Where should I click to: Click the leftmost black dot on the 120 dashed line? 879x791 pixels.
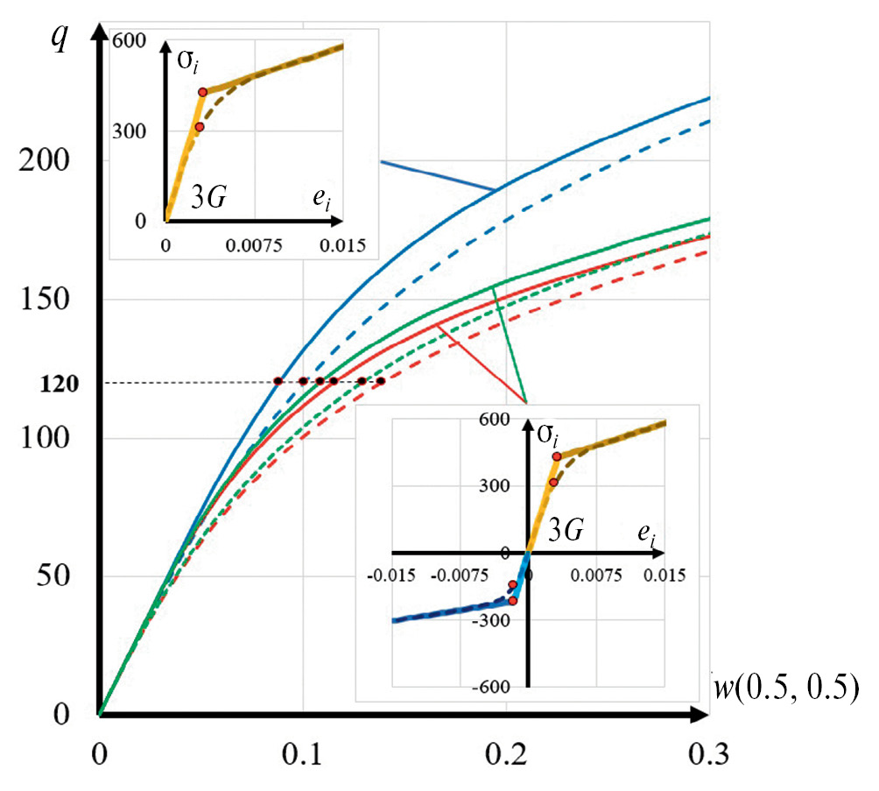(x=278, y=381)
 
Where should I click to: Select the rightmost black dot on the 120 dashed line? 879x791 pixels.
(x=380, y=381)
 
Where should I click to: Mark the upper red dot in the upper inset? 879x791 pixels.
(x=202, y=92)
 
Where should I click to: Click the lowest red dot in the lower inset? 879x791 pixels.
(x=513, y=601)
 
